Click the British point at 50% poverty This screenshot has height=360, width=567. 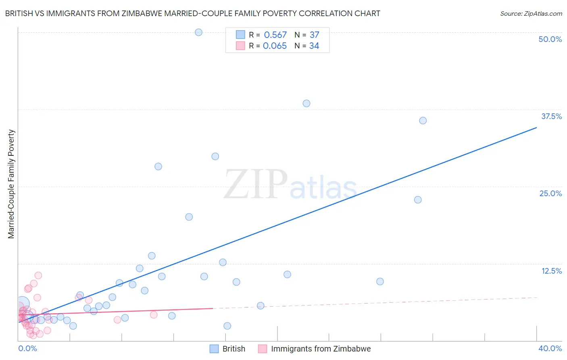[x=198, y=32]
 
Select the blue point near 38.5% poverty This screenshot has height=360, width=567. [x=306, y=103]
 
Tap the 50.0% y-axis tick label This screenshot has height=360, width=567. [x=550, y=39]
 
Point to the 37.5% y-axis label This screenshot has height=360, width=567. [x=551, y=116]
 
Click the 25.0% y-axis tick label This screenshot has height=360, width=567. [x=550, y=193]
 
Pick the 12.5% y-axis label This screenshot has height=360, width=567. [x=551, y=271]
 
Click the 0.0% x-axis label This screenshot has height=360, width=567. [x=27, y=348]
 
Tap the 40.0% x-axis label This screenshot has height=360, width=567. [x=550, y=348]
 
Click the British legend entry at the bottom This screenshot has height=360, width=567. [x=233, y=349]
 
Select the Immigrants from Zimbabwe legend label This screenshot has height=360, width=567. [x=321, y=349]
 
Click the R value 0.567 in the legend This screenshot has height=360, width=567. [x=275, y=35]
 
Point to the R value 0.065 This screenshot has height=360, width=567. [x=275, y=46]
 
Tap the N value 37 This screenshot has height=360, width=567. [x=314, y=35]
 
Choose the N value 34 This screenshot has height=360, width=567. [x=314, y=46]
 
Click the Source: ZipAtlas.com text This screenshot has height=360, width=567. [x=531, y=14]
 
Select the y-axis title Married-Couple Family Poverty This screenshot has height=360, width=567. [x=11, y=184]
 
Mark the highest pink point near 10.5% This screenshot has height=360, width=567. [x=38, y=275]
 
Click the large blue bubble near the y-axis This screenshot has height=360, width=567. [x=23, y=303]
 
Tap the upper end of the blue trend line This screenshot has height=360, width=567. [x=536, y=128]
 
